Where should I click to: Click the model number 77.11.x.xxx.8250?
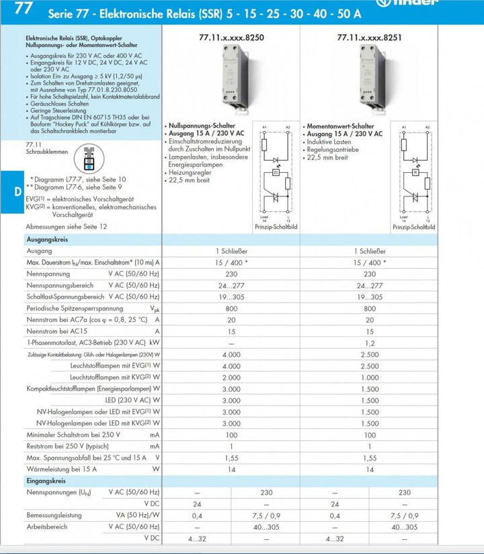[x=231, y=38]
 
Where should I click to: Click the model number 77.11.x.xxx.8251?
[x=369, y=38]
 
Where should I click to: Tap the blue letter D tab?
[x=17, y=191]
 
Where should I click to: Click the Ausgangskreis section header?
[x=46, y=239]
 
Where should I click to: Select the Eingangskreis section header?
[x=46, y=481]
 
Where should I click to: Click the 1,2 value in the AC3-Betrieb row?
[x=369, y=343]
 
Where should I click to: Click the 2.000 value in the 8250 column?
[x=231, y=377]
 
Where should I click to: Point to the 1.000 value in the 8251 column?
[x=369, y=377]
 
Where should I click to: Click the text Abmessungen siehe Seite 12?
[x=66, y=227]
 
